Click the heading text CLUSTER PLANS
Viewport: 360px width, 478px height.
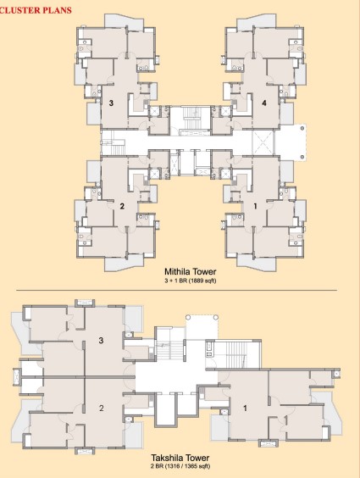pos(36,12)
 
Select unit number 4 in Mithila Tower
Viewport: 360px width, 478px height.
pos(264,103)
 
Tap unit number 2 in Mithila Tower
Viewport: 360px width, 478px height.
pos(122,206)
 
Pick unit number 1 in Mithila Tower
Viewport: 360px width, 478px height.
pos(253,206)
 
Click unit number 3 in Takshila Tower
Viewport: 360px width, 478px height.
pos(101,341)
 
